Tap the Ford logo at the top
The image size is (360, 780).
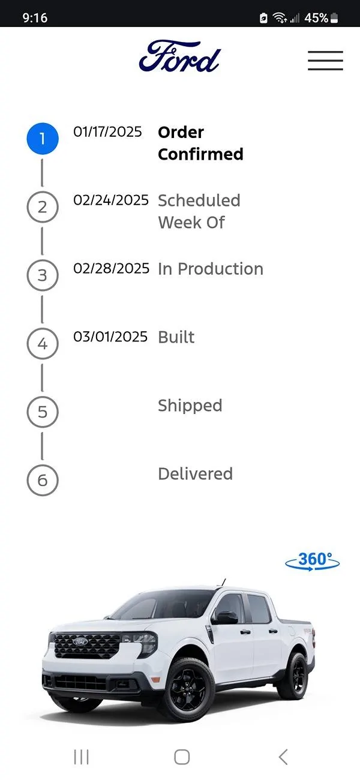pyautogui.click(x=179, y=57)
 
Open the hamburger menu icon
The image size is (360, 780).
pyautogui.click(x=325, y=60)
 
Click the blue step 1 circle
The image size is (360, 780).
pyautogui.click(x=43, y=139)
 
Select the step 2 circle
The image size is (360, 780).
pyautogui.click(x=43, y=207)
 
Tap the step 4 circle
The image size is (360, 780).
pyautogui.click(x=43, y=343)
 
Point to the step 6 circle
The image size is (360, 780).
pyautogui.click(x=43, y=480)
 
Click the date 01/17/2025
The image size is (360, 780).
pyautogui.click(x=107, y=131)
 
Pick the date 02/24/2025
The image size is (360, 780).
pyautogui.click(x=111, y=200)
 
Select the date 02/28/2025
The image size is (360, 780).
pyautogui.click(x=111, y=268)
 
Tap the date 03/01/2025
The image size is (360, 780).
pyautogui.click(x=110, y=337)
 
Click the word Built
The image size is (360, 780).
pyautogui.click(x=176, y=337)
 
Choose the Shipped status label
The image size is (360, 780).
pyautogui.click(x=190, y=406)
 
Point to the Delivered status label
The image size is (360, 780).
pyautogui.click(x=196, y=473)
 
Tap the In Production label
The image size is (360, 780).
pyautogui.click(x=211, y=269)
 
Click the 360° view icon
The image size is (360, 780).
pyautogui.click(x=313, y=561)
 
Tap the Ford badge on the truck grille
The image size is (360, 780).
pyautogui.click(x=80, y=641)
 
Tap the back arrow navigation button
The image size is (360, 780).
pyautogui.click(x=283, y=757)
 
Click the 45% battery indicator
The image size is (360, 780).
pyautogui.click(x=320, y=18)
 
